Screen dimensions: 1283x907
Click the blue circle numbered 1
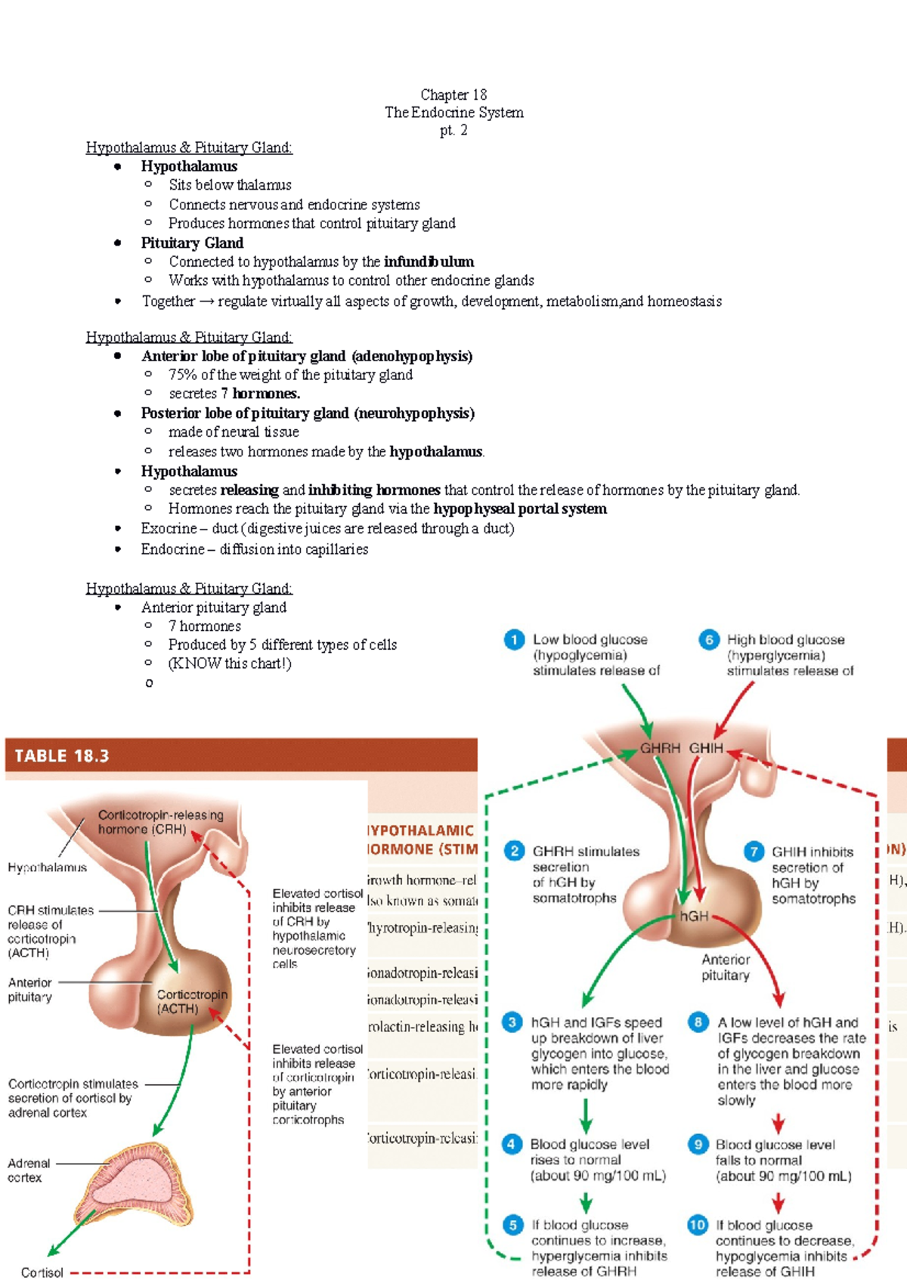pyautogui.click(x=514, y=640)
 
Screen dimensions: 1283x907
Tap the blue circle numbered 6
pyautogui.click(x=709, y=640)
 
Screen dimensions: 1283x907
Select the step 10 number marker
pyautogui.click(x=698, y=1225)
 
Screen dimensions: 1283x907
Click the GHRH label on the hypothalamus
pyautogui.click(x=660, y=748)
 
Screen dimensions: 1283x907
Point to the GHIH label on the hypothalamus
pyautogui.click(x=706, y=748)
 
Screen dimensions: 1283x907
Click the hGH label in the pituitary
pyautogui.click(x=694, y=916)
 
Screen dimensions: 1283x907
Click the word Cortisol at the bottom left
pyautogui.click(x=42, y=1272)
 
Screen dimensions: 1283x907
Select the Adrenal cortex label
pyautogui.click(x=29, y=1170)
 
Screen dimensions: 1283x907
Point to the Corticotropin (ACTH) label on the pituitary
pyautogui.click(x=191, y=1002)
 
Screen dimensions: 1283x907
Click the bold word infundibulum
pyautogui.click(x=429, y=261)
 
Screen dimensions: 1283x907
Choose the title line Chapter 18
pyautogui.click(x=453, y=94)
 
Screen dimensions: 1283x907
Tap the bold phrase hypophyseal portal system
pyautogui.click(x=520, y=509)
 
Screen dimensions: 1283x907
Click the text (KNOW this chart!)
pyautogui.click(x=230, y=663)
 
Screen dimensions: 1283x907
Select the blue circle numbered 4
pyautogui.click(x=512, y=1144)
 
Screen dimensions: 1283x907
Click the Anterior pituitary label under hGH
pyautogui.click(x=726, y=967)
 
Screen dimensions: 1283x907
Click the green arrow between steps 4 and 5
pyautogui.click(x=586, y=1201)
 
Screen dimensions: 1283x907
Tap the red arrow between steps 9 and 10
pyautogui.click(x=778, y=1201)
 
